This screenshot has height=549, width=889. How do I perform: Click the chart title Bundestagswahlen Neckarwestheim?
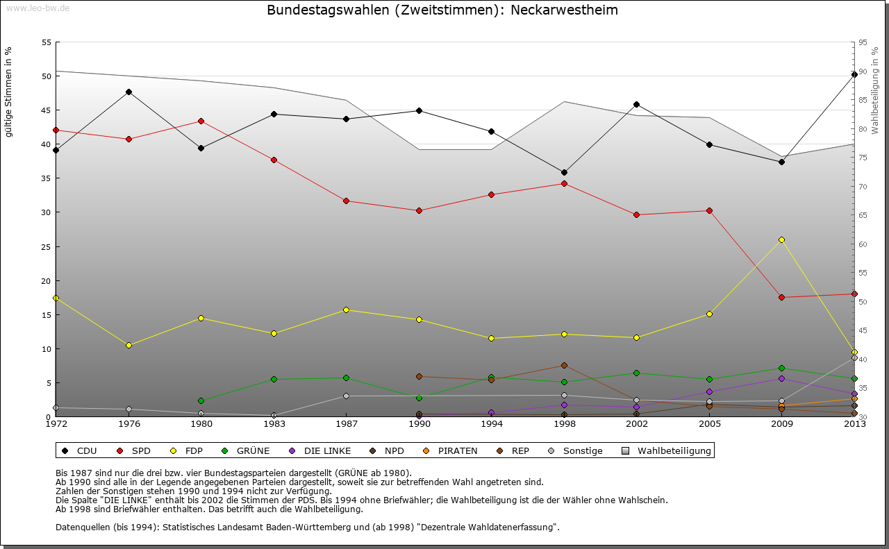click(x=442, y=10)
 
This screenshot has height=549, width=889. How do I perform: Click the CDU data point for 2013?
click(x=854, y=74)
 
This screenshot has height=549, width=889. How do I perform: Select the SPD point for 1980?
click(x=201, y=121)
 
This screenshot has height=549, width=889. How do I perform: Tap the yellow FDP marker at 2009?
click(x=781, y=239)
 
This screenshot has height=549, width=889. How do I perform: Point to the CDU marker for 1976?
click(x=128, y=92)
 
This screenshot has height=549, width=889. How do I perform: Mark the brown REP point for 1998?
click(x=564, y=365)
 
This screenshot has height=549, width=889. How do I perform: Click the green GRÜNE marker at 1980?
click(x=201, y=400)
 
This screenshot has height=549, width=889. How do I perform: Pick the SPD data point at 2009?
click(x=781, y=297)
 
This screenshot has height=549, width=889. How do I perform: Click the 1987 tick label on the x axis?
click(x=346, y=423)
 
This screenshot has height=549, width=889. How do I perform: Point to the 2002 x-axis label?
click(x=636, y=423)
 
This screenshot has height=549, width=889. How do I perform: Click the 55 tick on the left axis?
click(x=47, y=42)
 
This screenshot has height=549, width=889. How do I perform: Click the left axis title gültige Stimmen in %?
click(x=9, y=92)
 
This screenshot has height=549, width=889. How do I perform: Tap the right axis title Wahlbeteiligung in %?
click(x=875, y=91)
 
